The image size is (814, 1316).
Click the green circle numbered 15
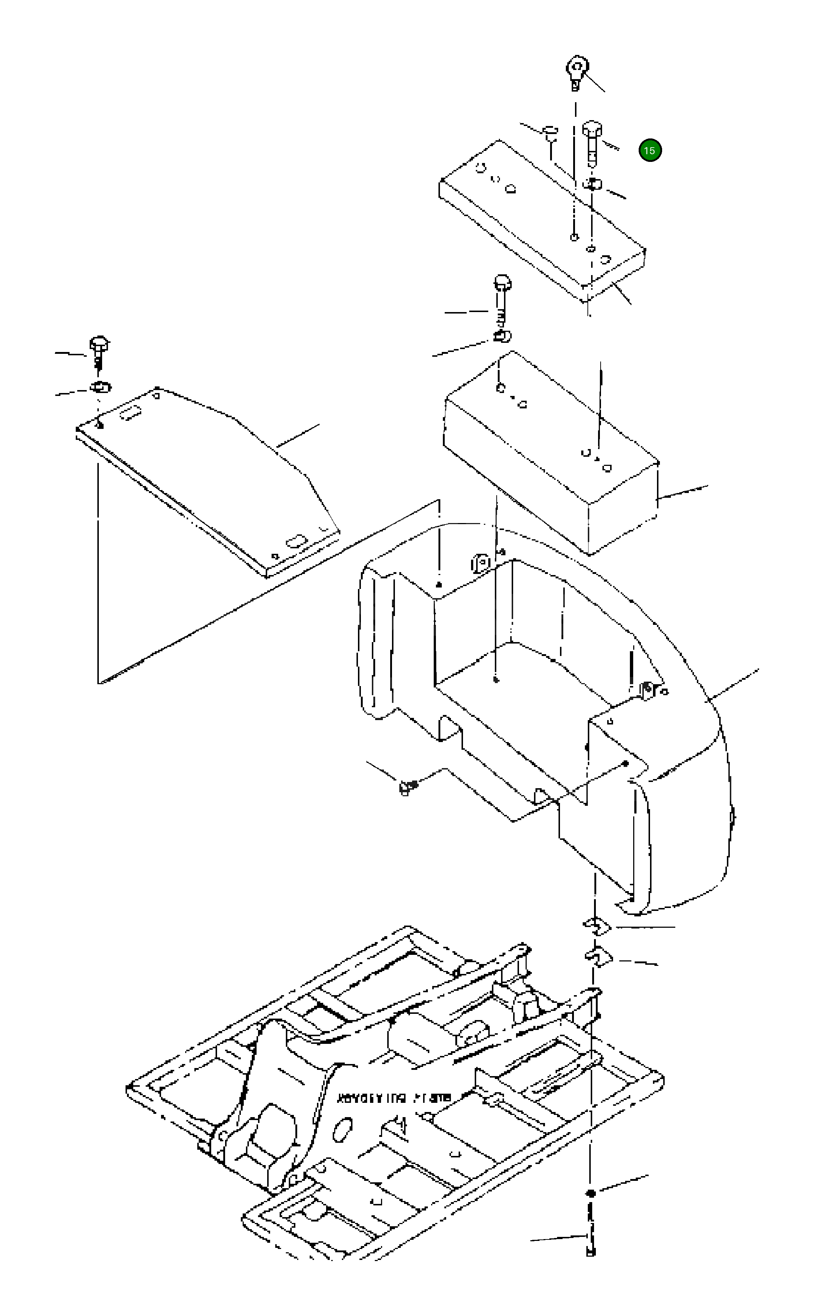(650, 150)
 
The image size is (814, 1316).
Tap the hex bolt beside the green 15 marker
(592, 141)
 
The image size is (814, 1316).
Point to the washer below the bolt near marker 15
(592, 184)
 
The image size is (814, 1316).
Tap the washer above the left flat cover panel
(100, 387)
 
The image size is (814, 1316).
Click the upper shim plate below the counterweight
(597, 926)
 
